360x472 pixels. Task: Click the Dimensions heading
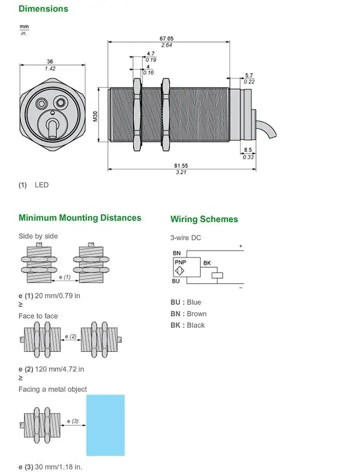click(x=43, y=9)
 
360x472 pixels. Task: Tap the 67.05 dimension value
click(x=166, y=39)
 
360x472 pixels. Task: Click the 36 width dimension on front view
click(x=50, y=62)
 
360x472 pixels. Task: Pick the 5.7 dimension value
click(x=248, y=76)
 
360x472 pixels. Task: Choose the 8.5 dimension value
click(x=248, y=150)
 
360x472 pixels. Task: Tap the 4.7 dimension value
click(x=150, y=54)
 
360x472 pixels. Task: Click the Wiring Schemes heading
click(x=204, y=219)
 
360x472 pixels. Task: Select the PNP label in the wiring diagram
click(x=180, y=262)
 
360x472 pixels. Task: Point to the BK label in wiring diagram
click(x=207, y=263)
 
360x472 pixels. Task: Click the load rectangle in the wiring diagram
click(x=217, y=275)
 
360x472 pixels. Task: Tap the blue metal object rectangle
click(x=105, y=425)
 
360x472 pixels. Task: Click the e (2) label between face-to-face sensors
click(x=70, y=336)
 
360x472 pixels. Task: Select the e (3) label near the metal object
click(x=73, y=421)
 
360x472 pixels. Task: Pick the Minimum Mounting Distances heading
click(x=80, y=218)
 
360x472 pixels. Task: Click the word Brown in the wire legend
click(x=196, y=314)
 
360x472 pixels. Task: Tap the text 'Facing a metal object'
click(x=52, y=389)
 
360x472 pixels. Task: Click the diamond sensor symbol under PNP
click(x=179, y=273)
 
